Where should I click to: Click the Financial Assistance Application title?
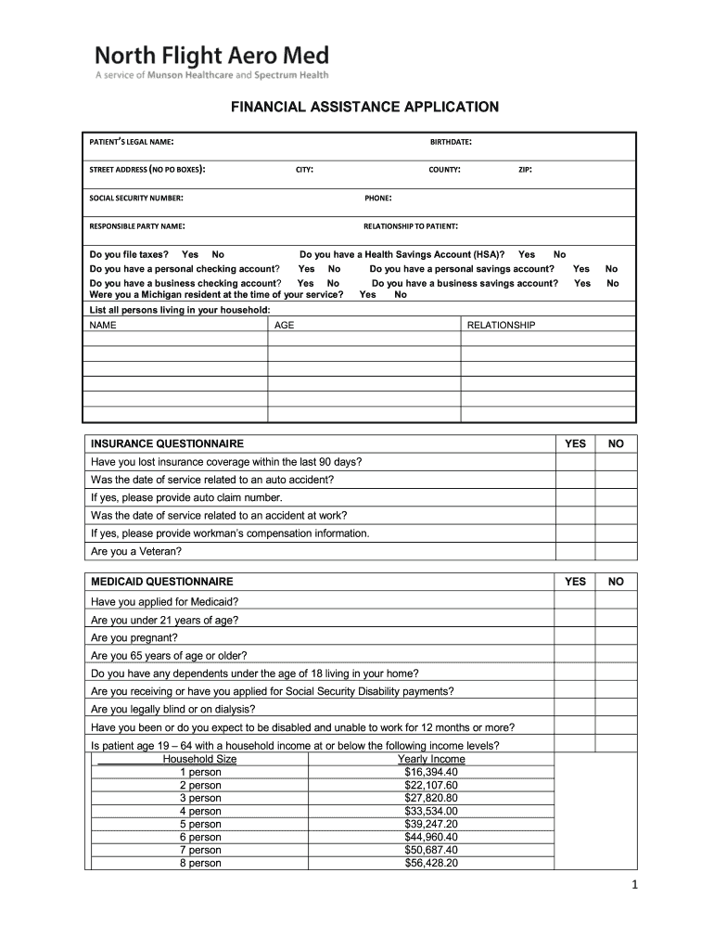click(x=364, y=108)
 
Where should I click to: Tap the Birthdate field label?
click(x=451, y=142)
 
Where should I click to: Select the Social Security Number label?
click(x=135, y=198)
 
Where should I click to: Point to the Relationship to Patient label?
click(x=411, y=225)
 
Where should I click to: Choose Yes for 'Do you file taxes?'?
click(x=190, y=254)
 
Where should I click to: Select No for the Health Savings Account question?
click(x=560, y=254)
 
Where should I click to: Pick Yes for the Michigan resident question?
click(x=367, y=295)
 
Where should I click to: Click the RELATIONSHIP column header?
click(x=501, y=326)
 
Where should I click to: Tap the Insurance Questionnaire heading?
click(x=167, y=444)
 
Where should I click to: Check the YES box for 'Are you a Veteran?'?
click(x=575, y=551)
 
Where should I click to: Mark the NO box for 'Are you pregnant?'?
click(x=616, y=638)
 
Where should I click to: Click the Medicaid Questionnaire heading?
click(x=161, y=582)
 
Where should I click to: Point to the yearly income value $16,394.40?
click(x=431, y=772)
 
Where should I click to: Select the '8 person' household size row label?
click(x=200, y=863)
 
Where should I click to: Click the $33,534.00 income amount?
click(x=431, y=811)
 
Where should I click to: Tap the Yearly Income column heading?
click(x=431, y=759)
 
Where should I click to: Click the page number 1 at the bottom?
click(x=635, y=886)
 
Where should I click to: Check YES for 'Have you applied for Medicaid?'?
click(x=575, y=601)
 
